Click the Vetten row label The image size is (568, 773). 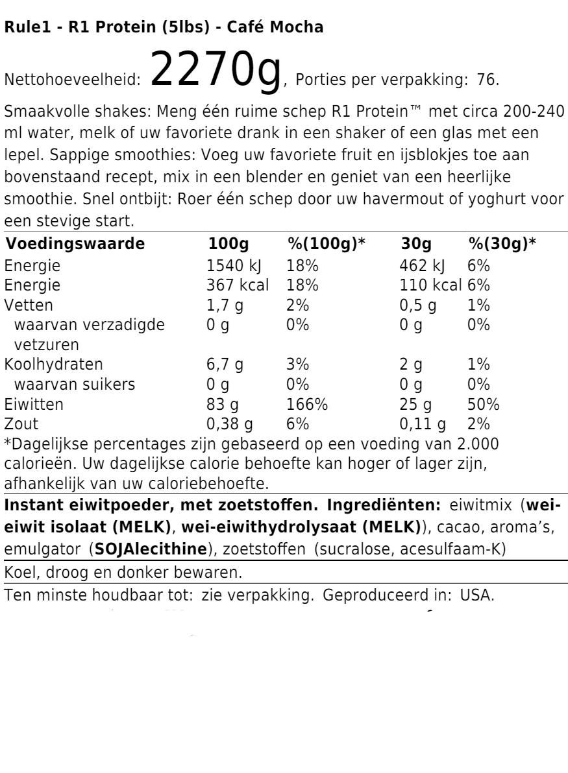tap(29, 305)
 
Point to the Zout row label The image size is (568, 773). tap(22, 425)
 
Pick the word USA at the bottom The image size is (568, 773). tap(477, 594)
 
